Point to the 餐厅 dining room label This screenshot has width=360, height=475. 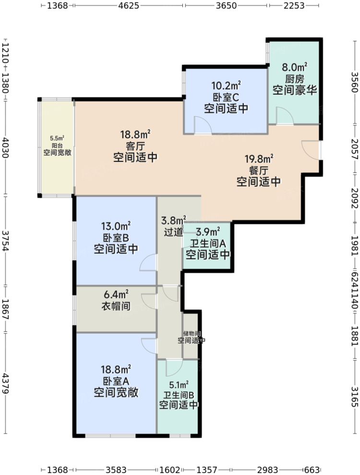[259, 171]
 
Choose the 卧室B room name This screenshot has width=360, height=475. [116, 238]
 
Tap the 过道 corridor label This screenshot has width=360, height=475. [173, 232]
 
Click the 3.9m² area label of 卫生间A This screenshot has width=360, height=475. [208, 231]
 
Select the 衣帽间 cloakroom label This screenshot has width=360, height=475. [116, 306]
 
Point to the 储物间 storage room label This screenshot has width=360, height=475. [191, 333]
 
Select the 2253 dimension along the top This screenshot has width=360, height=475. [293, 6]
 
